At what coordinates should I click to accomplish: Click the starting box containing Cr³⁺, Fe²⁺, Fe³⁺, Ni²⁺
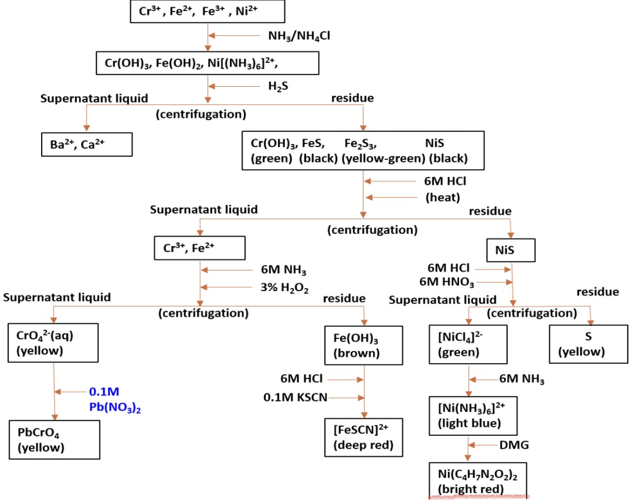pos(207,12)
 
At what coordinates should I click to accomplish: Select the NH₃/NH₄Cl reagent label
pos(299,36)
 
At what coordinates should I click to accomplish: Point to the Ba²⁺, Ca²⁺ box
pos(83,145)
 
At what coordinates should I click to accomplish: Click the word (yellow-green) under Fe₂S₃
pos(383,158)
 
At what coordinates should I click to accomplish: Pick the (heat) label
pos(443,197)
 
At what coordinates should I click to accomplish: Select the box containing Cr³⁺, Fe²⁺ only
pos(190,248)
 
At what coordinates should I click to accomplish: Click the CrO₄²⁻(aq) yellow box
pos(53,341)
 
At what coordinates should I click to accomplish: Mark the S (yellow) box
pos(587,343)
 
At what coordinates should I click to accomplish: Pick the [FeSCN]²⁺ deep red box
pos(364,437)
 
